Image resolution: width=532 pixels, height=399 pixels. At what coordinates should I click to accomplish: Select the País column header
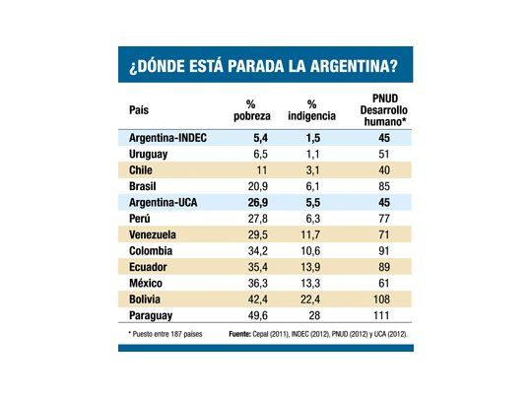click(x=140, y=110)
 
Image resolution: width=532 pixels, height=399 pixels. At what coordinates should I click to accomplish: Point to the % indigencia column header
click(x=312, y=110)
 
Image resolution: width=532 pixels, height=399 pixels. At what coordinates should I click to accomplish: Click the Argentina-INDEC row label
click(x=170, y=138)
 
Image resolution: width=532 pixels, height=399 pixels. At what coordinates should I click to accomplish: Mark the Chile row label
click(x=143, y=169)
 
